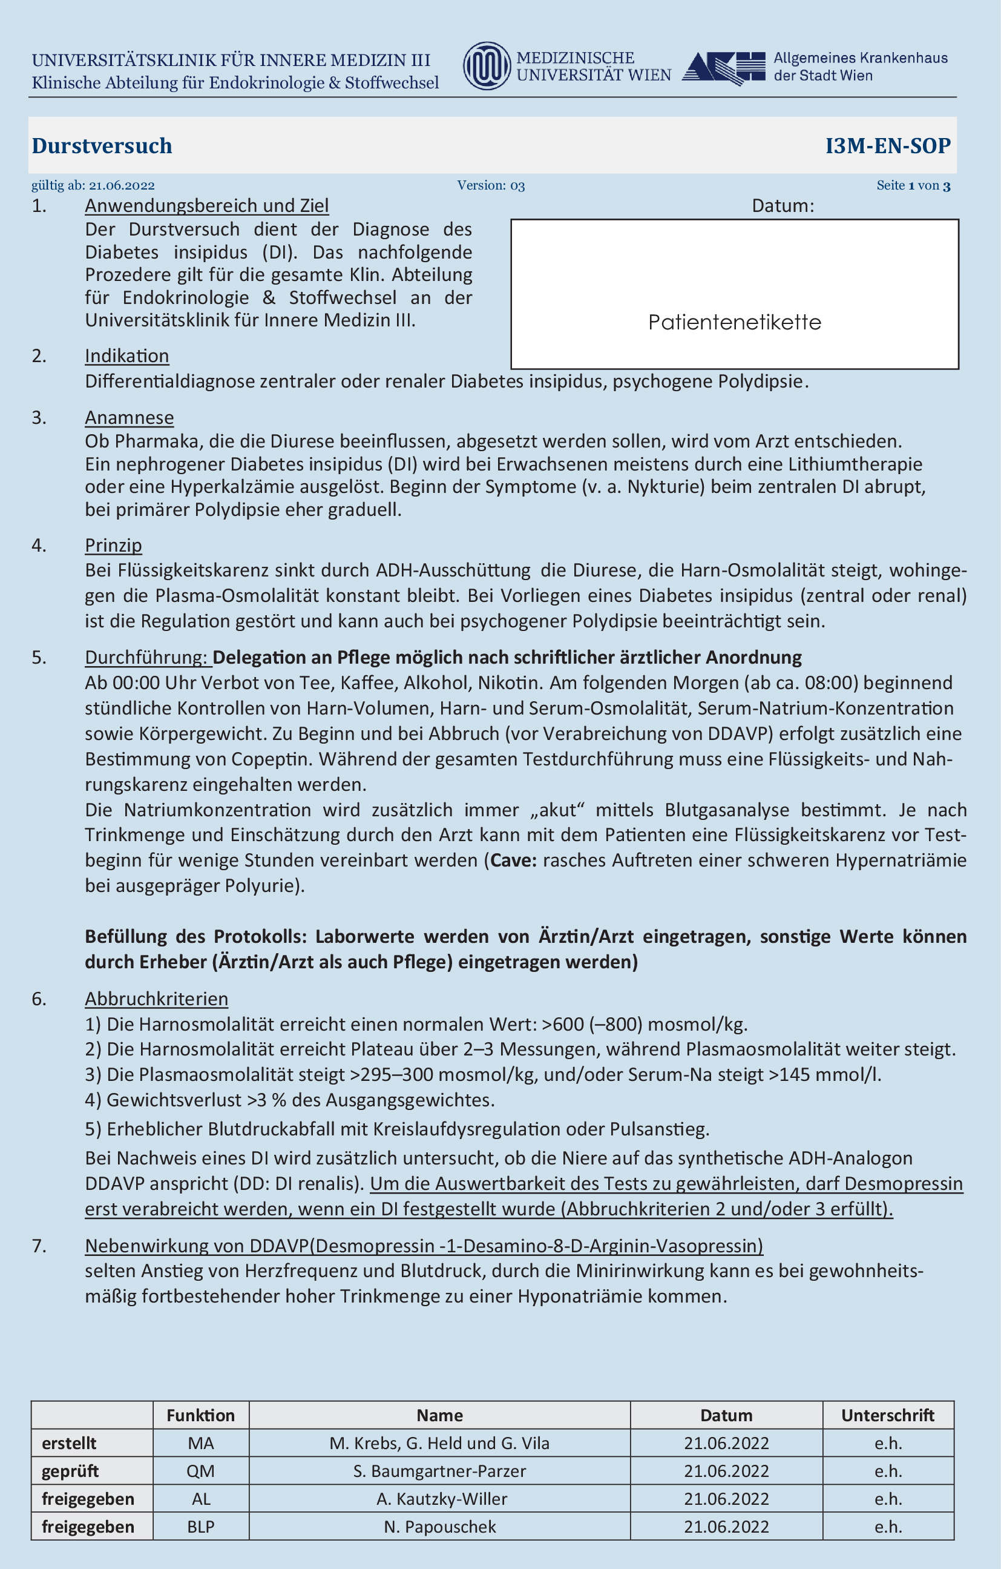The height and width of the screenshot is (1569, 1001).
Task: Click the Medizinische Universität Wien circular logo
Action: pos(487,66)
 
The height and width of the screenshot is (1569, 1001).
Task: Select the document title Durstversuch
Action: pos(102,145)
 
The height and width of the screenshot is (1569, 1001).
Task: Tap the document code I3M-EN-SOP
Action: pos(888,145)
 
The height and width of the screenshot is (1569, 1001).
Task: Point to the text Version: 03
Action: pos(490,186)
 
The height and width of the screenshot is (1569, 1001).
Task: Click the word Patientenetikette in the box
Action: pos(735,322)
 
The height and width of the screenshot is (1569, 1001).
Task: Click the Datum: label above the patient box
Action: pos(783,206)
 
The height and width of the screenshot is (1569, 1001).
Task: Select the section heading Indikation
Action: pos(127,355)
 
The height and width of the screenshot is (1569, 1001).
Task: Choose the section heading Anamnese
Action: pos(130,418)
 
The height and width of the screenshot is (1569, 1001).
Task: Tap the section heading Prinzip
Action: pos(113,546)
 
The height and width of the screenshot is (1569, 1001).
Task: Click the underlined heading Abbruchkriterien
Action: pos(156,999)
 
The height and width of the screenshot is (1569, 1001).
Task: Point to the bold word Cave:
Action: pos(513,860)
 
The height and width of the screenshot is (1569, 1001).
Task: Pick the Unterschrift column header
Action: pos(888,1415)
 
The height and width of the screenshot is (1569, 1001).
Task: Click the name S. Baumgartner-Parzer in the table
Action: pos(439,1471)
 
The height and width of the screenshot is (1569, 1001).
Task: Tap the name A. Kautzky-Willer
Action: pos(442,1499)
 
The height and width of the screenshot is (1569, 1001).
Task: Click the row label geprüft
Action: pos(70,1471)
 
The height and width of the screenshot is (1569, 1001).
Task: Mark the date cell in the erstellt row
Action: pos(726,1443)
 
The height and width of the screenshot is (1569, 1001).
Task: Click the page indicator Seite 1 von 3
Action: pos(913,186)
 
